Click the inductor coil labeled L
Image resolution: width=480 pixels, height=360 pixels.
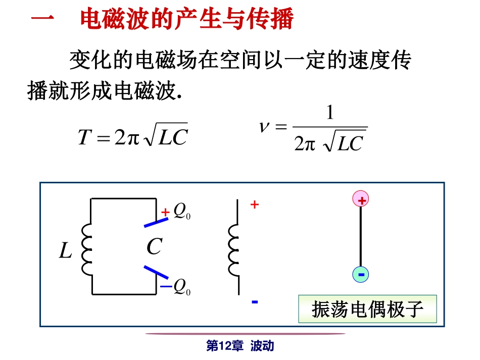pos(87,250)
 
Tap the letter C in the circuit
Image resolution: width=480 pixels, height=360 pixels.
pos(154,247)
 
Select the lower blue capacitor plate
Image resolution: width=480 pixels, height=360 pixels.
pos(156,273)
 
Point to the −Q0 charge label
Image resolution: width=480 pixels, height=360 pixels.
pos(177,287)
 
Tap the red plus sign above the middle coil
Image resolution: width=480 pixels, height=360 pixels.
pos(255,205)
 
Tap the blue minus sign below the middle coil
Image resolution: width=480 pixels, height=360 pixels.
pos(255,302)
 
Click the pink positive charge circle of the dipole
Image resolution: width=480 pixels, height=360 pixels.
pos(361,199)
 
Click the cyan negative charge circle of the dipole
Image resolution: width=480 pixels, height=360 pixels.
pos(361,274)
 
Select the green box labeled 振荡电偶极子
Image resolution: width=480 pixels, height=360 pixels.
pos(367,308)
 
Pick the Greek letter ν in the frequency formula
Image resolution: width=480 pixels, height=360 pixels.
pos(264,127)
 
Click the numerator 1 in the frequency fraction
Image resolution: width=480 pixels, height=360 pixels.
pos(330,113)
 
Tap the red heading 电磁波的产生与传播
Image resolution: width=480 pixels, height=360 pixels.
pos(187,21)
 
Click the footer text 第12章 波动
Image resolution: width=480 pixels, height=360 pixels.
pos(240,346)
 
